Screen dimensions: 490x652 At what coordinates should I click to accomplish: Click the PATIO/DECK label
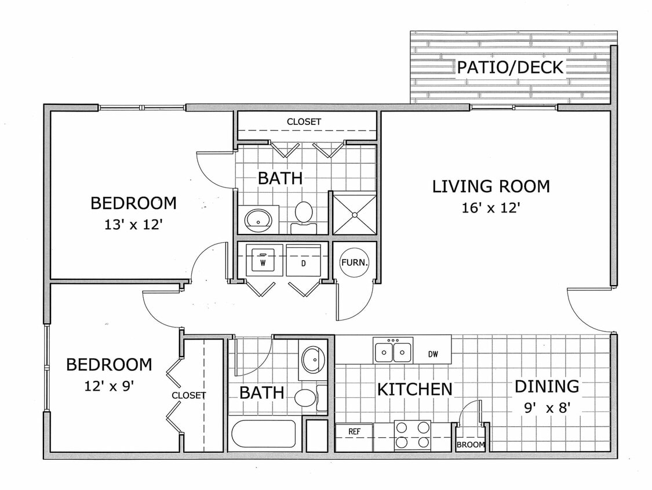(x=510, y=67)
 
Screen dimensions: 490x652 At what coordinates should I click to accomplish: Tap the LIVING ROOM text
(x=491, y=186)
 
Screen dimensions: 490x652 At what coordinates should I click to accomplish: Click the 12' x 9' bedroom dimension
(x=109, y=386)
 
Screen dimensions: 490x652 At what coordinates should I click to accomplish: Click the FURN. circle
(x=354, y=262)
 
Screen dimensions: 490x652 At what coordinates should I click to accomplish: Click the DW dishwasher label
(x=432, y=354)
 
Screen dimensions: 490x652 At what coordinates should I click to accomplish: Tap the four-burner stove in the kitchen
(x=412, y=435)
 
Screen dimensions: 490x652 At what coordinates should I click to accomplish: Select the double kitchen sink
(x=393, y=351)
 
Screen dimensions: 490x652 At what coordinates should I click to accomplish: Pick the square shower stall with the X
(x=353, y=214)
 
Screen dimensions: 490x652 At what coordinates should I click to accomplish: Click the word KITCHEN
(x=414, y=389)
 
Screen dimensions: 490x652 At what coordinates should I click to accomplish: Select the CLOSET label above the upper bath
(x=304, y=122)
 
